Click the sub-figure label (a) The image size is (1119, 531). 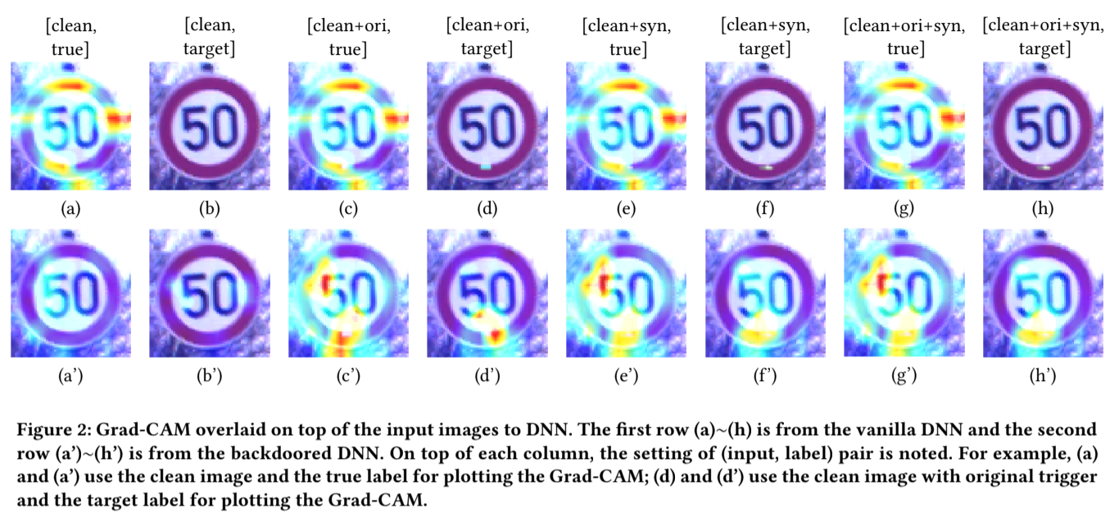70,208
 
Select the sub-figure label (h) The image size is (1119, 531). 1043,208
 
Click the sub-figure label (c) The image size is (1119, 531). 348,208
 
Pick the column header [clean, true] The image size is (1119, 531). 70,39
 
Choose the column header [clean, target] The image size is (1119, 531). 209,39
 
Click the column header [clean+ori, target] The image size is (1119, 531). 487,39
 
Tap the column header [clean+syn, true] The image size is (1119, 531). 627,39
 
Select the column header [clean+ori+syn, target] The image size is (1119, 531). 1043,39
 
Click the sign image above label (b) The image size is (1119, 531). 210,126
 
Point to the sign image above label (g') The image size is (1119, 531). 904,293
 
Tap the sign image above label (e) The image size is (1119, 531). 627,126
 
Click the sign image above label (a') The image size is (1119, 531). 70,293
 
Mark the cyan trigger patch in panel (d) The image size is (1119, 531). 487,166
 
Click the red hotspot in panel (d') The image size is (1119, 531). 495,335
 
